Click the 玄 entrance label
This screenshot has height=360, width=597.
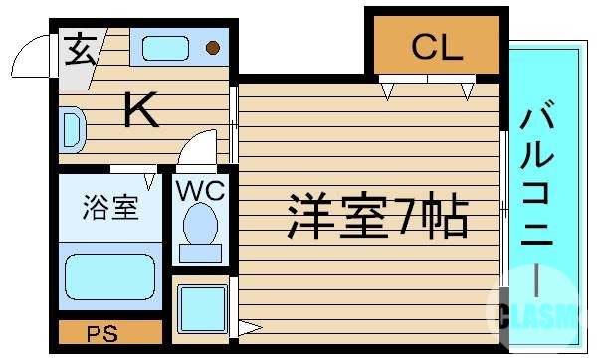(81, 49)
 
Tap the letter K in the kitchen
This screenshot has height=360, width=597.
(142, 110)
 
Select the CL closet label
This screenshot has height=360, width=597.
(437, 47)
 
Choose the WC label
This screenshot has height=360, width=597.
(201, 189)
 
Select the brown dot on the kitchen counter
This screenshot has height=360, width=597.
(212, 47)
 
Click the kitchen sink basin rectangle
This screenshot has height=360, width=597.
(165, 47)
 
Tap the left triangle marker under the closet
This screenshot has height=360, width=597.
(388, 93)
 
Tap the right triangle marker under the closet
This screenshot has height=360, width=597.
(467, 93)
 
